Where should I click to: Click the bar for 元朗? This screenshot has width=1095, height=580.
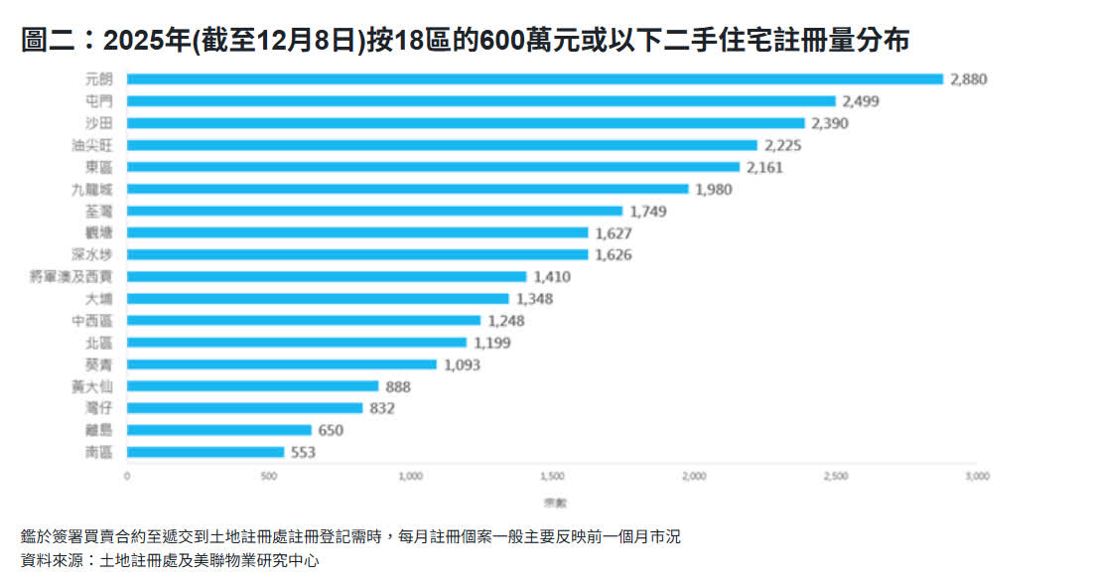point(535,79)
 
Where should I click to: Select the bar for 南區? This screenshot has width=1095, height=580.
point(205,452)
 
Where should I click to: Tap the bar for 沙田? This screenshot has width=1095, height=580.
point(466,123)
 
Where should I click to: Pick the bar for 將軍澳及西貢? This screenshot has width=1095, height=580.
point(327,277)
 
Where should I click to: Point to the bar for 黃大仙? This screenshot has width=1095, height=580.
point(253,386)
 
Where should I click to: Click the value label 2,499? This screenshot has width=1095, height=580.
point(861,101)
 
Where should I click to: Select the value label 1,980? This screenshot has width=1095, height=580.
point(713,189)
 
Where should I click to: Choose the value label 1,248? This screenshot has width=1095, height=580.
point(505,321)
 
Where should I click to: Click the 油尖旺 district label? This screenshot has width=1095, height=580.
point(100,145)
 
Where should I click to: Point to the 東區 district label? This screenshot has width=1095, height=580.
point(100,167)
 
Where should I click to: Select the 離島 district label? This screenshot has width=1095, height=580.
point(100,430)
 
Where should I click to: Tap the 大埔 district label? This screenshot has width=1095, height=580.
point(100,299)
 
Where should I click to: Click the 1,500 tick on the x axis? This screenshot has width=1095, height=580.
point(552,477)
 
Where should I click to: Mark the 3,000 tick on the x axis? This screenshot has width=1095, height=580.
point(977,477)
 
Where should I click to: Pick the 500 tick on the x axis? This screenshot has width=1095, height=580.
point(269,477)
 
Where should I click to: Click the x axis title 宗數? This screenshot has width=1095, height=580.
point(551,501)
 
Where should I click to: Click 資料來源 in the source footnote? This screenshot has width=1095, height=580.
point(52,560)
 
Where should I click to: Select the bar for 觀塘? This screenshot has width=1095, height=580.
point(357,232)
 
